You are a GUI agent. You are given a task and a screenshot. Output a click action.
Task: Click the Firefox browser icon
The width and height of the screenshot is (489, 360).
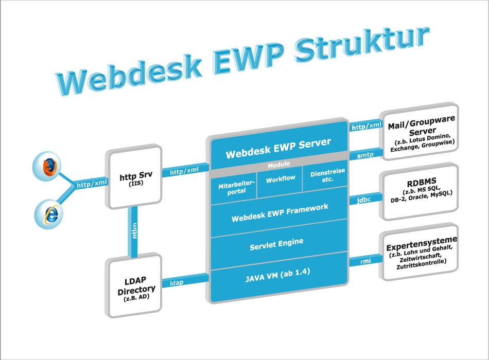coord(47,167)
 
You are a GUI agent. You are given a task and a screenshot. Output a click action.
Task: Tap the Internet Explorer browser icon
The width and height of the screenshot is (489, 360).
coord(49,214)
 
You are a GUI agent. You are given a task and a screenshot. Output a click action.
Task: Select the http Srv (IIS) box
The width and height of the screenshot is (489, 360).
coord(134,177)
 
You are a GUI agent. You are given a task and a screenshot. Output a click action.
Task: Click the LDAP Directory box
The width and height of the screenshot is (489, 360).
coord(134,285)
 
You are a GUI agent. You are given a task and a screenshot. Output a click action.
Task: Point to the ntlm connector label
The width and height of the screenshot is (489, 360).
coord(134,230)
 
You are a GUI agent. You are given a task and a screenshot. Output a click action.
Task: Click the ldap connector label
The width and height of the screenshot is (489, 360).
coord(177,283)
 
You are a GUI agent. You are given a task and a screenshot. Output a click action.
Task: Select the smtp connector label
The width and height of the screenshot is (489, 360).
coord(365,155)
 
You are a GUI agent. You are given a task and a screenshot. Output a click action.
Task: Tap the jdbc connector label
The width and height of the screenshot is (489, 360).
coord(364,200)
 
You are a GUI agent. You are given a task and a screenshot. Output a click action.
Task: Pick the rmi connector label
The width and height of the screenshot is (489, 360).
coord(365,261)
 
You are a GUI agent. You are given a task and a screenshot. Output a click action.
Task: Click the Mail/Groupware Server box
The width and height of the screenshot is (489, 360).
coord(419,131)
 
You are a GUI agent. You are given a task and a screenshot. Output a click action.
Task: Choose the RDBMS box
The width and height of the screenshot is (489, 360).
coord(419,192)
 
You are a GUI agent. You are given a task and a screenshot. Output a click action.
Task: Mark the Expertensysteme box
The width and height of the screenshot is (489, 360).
coord(419,251)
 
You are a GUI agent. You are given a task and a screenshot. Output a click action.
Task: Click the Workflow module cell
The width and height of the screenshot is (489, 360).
coord(280,182)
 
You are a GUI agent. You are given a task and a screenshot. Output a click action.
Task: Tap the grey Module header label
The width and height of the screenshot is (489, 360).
coord(279,164)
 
